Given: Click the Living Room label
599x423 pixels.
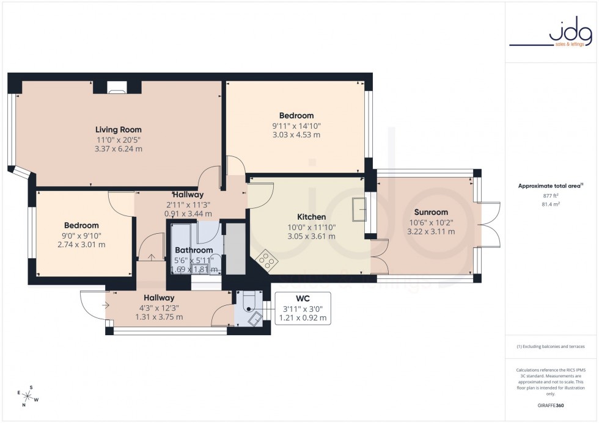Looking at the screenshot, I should (x=118, y=129).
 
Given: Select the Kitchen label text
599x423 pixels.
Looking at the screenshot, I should (x=311, y=217).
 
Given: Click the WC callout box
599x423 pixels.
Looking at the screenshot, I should (x=303, y=308).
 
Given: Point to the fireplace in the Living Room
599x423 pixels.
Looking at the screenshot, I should (x=117, y=89).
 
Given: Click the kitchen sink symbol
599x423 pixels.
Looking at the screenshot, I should (x=359, y=209).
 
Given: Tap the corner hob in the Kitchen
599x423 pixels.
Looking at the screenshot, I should (x=266, y=261).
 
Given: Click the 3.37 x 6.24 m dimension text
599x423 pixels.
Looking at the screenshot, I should (x=118, y=148).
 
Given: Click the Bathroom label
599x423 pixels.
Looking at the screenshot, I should (x=194, y=250).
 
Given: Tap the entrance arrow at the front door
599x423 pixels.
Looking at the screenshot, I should (x=106, y=305).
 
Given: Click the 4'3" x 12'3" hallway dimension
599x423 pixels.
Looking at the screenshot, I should (x=158, y=308).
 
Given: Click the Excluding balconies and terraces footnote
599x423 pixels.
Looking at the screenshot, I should (x=551, y=347).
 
